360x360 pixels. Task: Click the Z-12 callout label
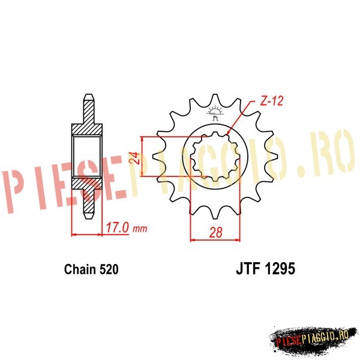pyautogui.click(x=272, y=100)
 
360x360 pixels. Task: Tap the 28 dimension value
pyautogui.click(x=216, y=232)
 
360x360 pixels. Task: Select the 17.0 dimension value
pyautogui.click(x=117, y=228)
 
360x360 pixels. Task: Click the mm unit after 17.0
pyautogui.click(x=140, y=229)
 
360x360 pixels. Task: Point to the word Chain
pyautogui.click(x=80, y=269)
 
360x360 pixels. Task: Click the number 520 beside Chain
pyautogui.click(x=109, y=269)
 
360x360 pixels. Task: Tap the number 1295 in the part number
pyautogui.click(x=280, y=269)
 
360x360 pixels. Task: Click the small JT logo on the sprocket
pyautogui.click(x=215, y=113)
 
